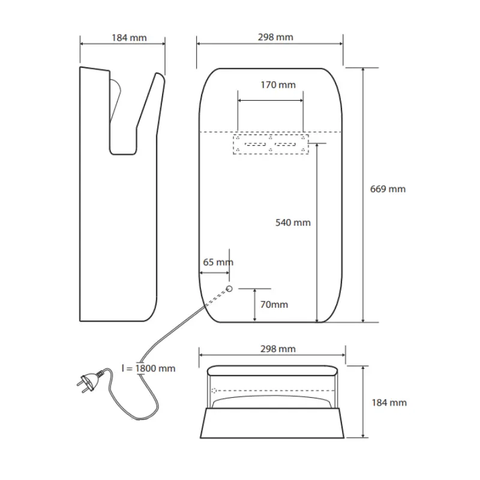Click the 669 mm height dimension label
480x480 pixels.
pos(388,189)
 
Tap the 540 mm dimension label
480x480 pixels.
pos(293,223)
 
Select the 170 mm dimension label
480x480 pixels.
pos(278,85)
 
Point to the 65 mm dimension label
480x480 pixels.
pos(218,262)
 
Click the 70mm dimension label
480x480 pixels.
pos(274,305)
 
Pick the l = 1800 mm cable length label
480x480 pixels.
pos(148,368)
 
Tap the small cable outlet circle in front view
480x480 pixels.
pos(229,289)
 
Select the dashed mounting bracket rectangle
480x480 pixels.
pos(271,144)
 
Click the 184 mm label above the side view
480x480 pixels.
pos(129,38)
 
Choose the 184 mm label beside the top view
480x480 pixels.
pos(389,403)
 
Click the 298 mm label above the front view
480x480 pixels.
pos(275,37)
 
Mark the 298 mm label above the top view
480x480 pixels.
pos(278,349)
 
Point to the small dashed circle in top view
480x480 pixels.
pos(214,391)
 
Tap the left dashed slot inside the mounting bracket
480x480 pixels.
pos(256,144)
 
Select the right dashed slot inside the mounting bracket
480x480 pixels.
pos(286,144)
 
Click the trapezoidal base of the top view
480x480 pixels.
pos(272,423)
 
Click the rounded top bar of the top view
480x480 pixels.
pos(272,370)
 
